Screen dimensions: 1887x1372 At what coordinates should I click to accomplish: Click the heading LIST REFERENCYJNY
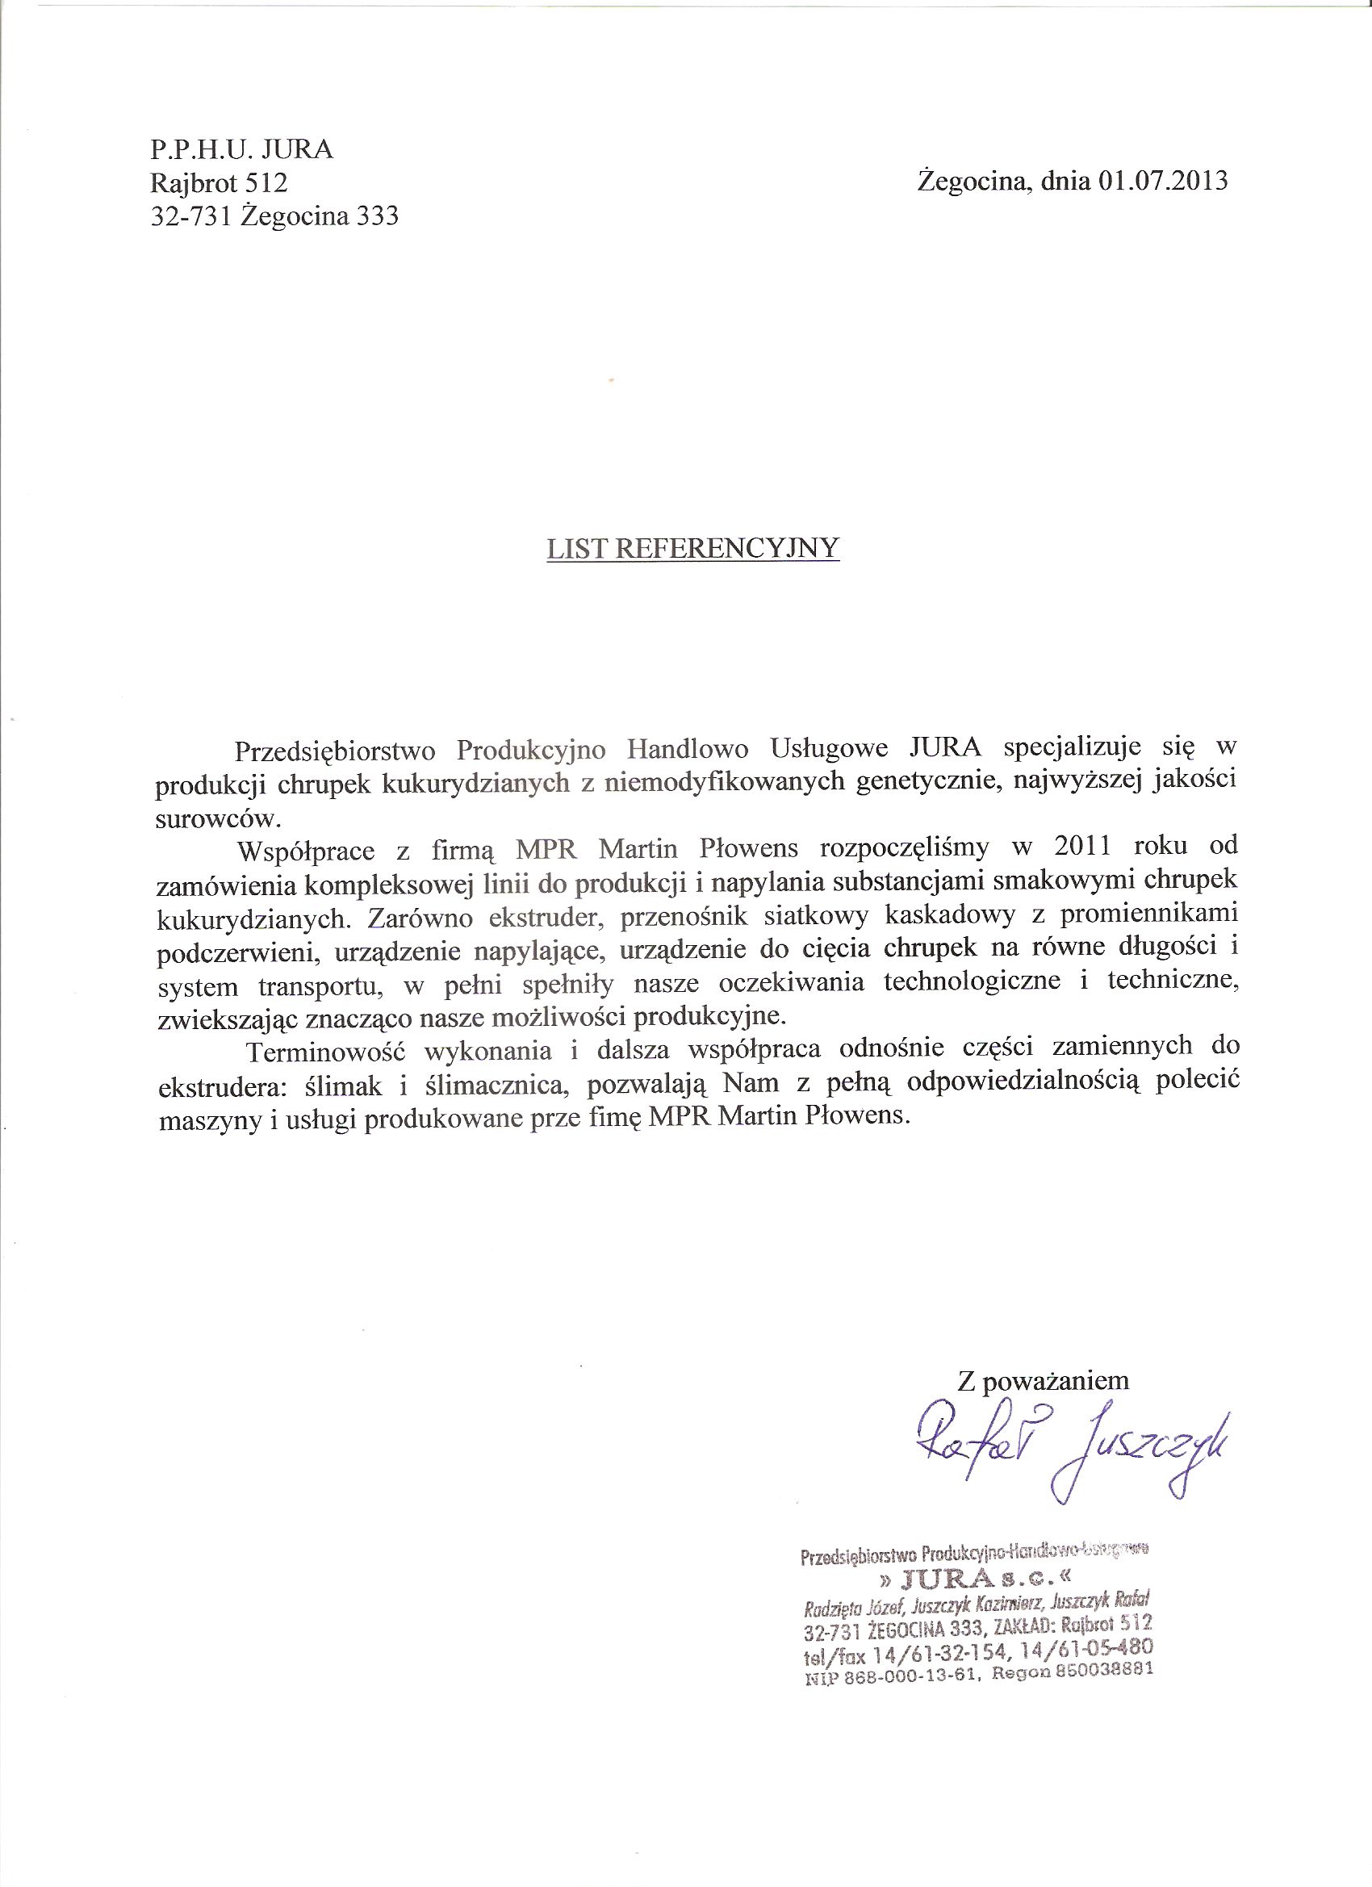(693, 547)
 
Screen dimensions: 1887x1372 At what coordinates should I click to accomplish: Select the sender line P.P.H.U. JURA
(241, 150)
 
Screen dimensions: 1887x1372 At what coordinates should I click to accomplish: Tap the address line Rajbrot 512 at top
(218, 182)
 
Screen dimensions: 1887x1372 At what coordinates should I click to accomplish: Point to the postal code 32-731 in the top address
(190, 216)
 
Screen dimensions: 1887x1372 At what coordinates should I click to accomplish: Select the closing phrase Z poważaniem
(1044, 1381)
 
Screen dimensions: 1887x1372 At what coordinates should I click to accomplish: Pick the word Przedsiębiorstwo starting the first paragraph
(334, 749)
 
